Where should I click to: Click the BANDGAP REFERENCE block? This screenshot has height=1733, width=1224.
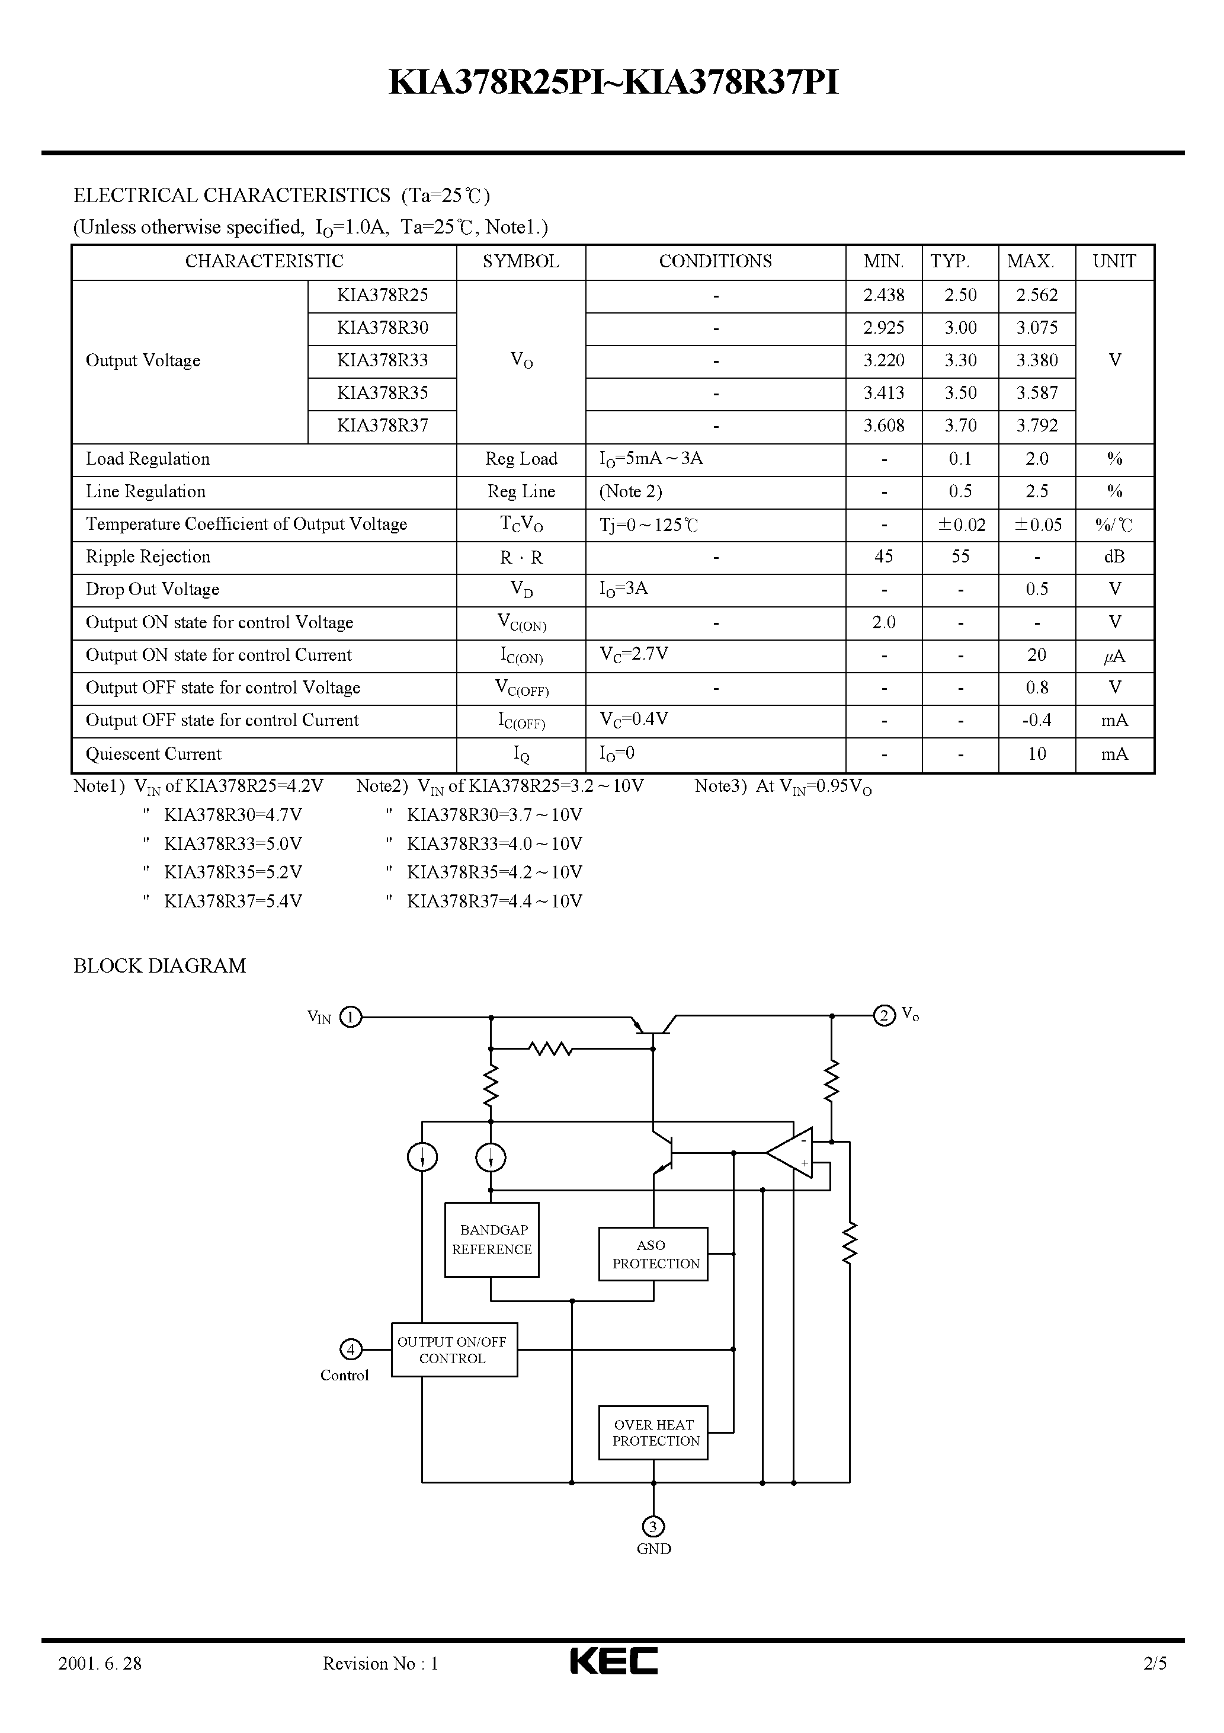click(x=491, y=1239)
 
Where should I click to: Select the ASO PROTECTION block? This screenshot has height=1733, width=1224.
click(x=653, y=1254)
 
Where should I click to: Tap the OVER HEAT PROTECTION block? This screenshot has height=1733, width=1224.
click(x=653, y=1432)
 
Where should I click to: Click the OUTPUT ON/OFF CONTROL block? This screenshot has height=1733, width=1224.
click(x=454, y=1350)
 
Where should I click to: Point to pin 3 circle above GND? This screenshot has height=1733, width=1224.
click(x=653, y=1526)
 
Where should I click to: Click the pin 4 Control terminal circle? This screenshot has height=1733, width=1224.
click(x=351, y=1349)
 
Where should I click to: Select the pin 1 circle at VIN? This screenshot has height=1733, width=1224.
click(x=351, y=1018)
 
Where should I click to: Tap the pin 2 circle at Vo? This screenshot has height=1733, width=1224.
click(x=884, y=1015)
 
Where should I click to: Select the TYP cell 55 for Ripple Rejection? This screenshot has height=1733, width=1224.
click(x=960, y=557)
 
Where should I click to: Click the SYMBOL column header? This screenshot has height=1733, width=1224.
click(x=520, y=261)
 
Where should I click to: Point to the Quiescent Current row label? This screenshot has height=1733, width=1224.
click(x=153, y=754)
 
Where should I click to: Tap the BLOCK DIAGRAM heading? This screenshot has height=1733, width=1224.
click(x=159, y=966)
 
